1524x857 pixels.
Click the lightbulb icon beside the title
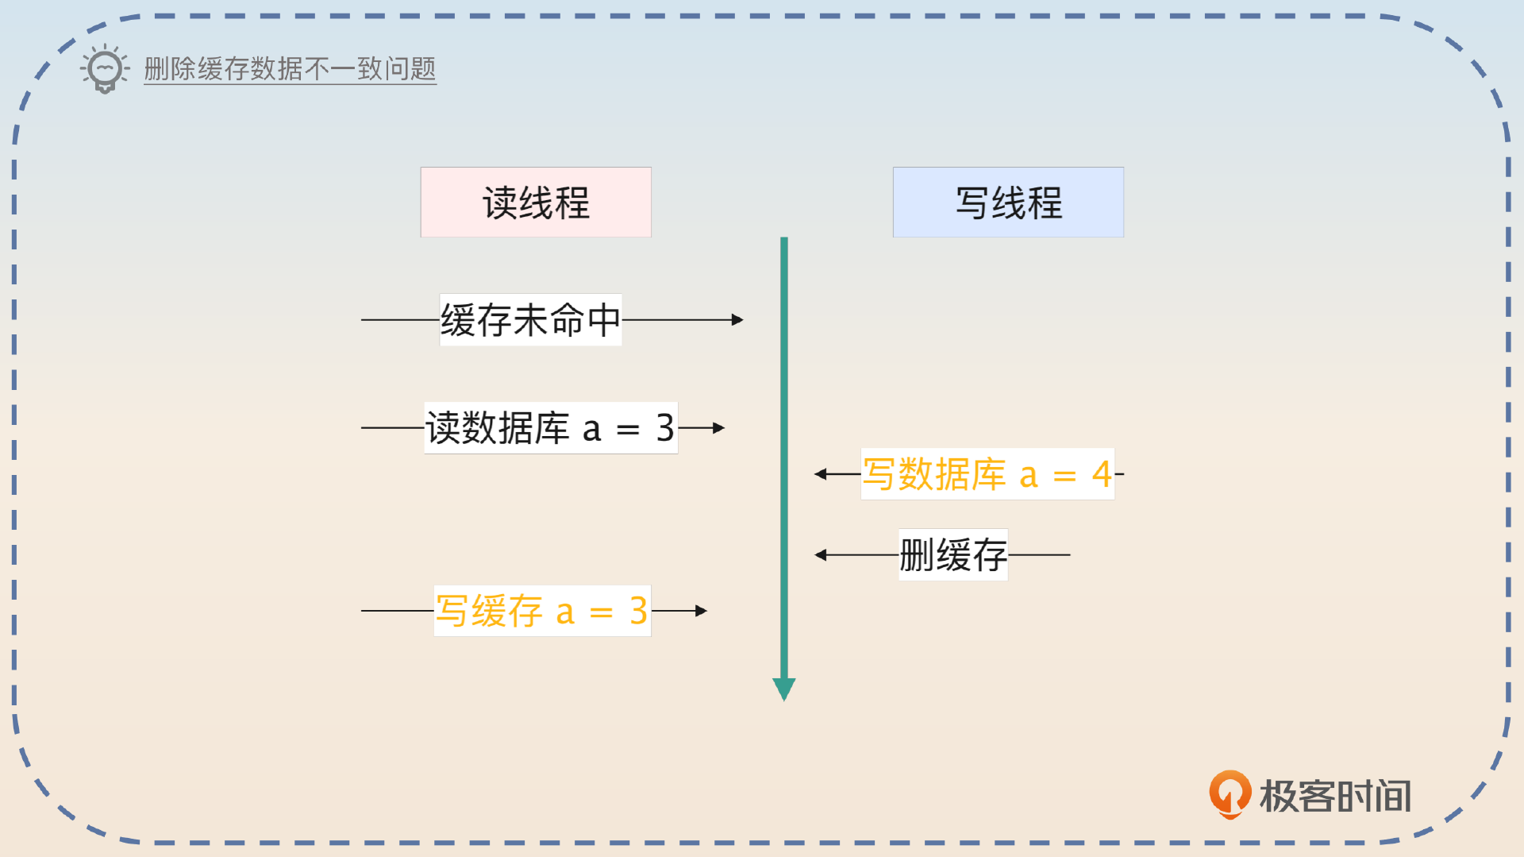pos(105,69)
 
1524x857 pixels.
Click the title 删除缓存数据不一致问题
pos(290,69)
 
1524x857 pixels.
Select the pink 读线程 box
pos(536,203)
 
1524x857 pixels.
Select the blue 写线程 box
pos(1008,203)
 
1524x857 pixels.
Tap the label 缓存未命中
pos(530,320)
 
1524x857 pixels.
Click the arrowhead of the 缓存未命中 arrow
pos(737,320)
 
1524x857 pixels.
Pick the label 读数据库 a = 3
pos(550,428)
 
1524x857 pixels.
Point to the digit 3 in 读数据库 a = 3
pos(665,428)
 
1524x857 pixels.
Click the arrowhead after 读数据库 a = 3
pos(718,428)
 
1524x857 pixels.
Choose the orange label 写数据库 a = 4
pos(987,474)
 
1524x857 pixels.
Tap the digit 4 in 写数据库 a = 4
pos(1102,474)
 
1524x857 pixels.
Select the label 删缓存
pos(952,554)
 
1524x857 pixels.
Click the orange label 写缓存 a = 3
pos(541,611)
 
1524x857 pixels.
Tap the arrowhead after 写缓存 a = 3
pos(701,611)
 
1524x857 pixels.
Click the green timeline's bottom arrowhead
pos(784,689)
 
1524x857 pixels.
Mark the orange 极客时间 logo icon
pos(1230,793)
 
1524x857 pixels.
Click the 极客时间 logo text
pos(1335,796)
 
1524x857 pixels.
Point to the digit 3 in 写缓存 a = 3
pos(638,611)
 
